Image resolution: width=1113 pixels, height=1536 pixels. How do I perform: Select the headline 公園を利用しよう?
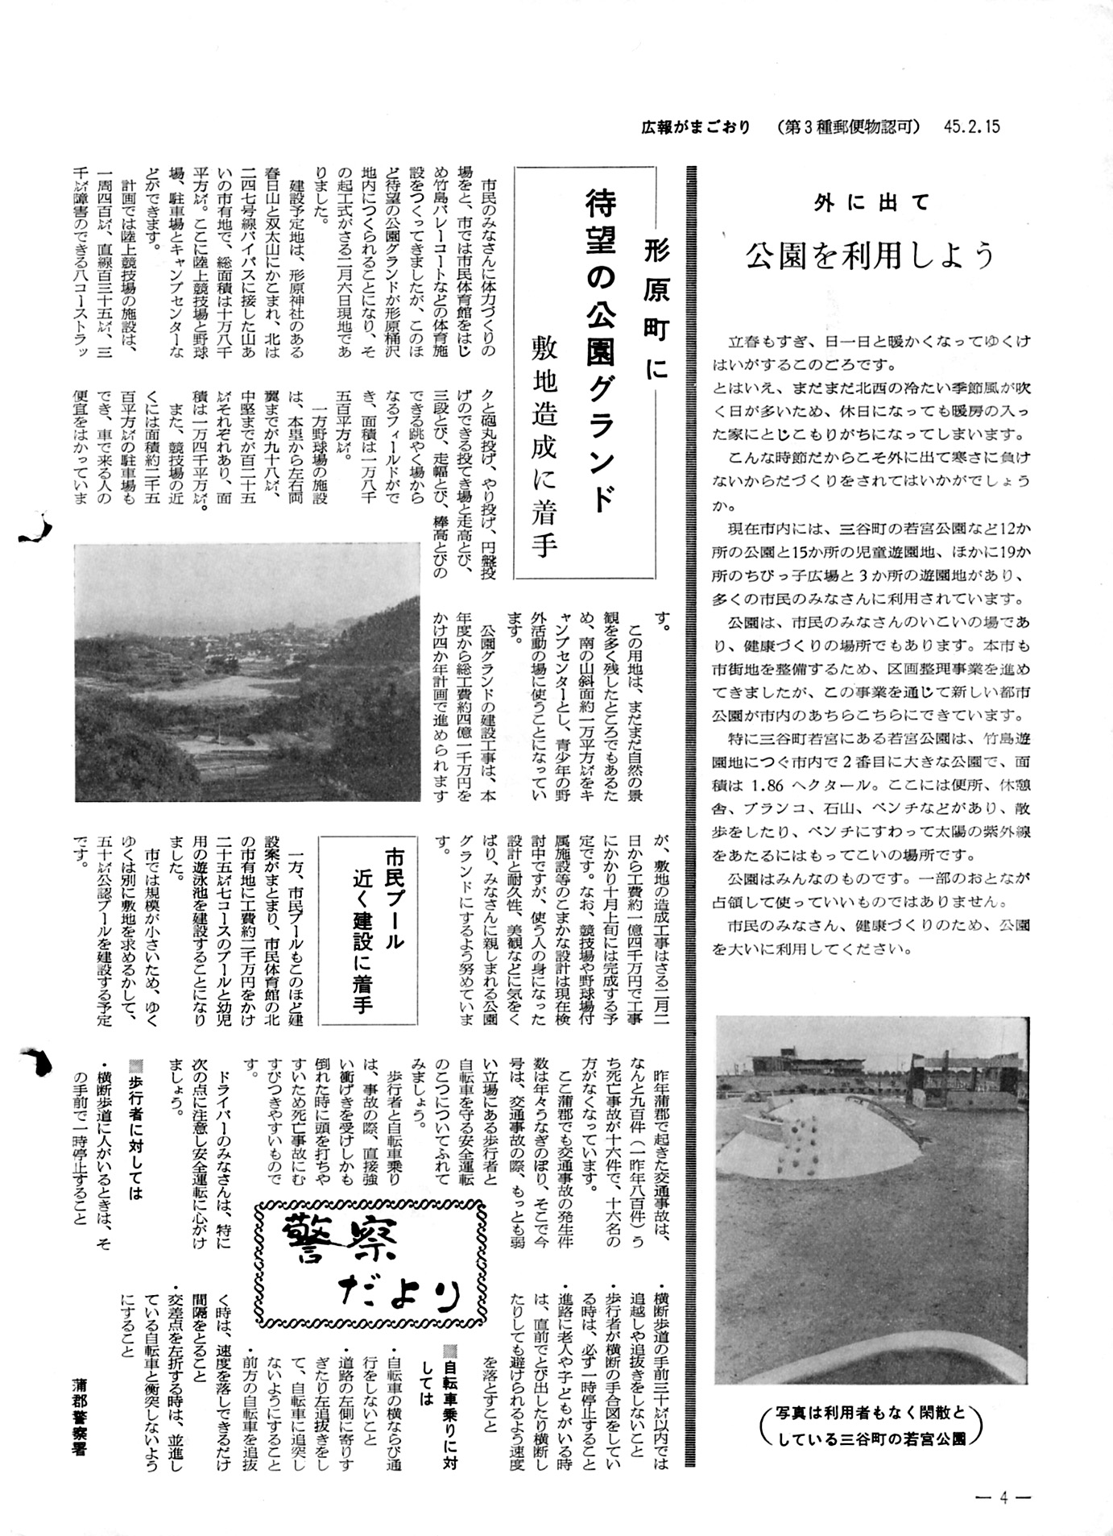[871, 256]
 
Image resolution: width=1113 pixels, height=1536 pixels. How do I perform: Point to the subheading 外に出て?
[871, 202]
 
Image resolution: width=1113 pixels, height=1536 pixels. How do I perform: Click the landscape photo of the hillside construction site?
[247, 672]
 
